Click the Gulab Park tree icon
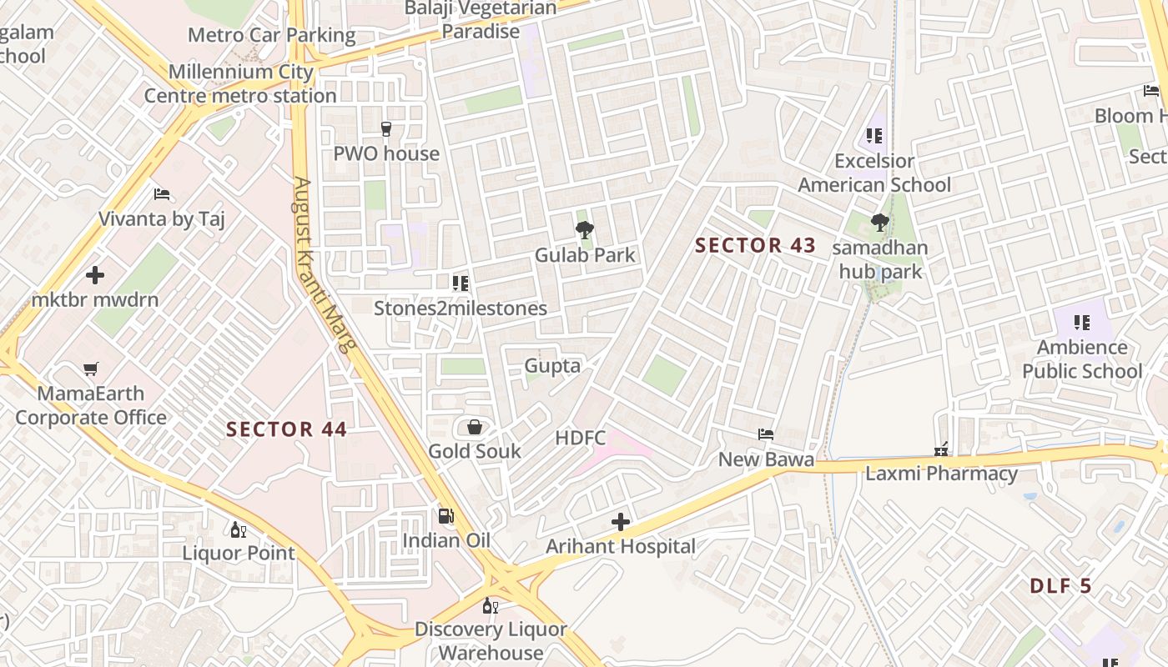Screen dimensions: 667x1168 585,229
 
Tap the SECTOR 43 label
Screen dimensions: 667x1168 755,245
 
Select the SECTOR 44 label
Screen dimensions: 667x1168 286,429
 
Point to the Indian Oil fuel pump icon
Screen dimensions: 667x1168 446,516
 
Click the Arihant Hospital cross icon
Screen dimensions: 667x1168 621,522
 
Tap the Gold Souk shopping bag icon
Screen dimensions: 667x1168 475,428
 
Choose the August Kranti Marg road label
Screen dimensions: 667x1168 321,264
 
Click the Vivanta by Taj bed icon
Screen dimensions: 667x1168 162,194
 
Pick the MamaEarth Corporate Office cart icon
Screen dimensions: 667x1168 91,369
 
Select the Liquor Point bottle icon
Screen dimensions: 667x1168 238,529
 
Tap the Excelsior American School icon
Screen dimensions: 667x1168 874,135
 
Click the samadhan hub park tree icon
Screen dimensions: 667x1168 879,222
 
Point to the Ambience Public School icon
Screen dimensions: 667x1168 1082,323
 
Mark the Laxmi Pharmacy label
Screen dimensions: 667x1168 941,474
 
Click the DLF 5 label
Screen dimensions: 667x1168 1060,585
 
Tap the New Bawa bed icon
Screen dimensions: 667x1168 766,434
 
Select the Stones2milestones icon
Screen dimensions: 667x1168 460,283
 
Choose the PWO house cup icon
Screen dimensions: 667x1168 386,128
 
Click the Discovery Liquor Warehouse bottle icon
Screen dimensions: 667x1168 490,605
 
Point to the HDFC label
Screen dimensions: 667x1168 581,437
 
